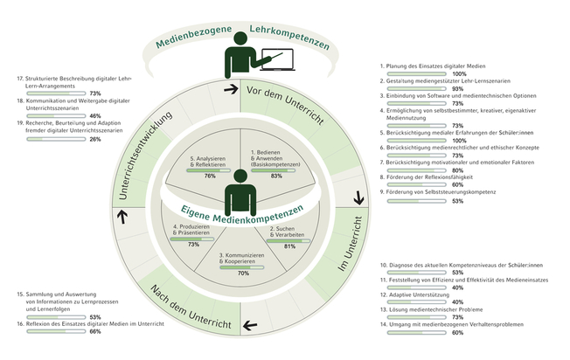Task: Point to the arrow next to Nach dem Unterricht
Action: [252, 326]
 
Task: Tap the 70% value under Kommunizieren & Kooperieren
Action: [243, 273]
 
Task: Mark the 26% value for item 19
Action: [94, 138]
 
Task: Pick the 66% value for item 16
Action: [95, 330]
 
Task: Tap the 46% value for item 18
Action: [94, 115]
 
